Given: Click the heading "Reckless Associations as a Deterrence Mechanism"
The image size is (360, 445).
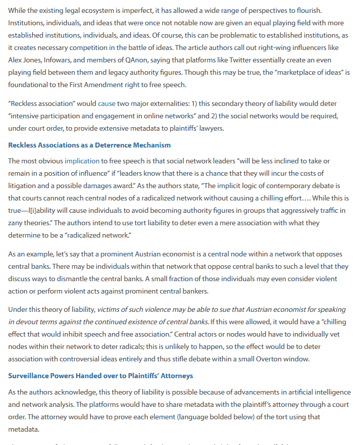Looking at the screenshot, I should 90,145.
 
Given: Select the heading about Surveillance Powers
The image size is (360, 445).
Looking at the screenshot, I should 100,376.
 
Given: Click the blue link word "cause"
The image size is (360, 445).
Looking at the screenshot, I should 106,104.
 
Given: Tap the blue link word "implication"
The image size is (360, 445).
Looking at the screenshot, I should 82,161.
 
